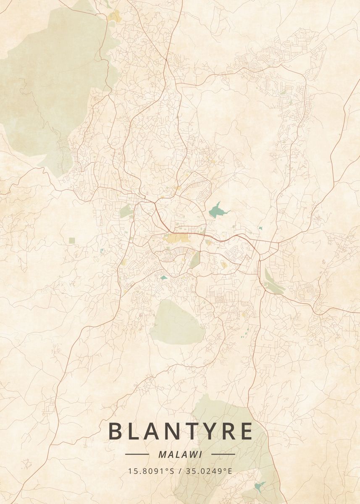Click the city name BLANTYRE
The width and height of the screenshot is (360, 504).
coord(181,431)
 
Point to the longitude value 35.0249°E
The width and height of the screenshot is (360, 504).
coord(210,471)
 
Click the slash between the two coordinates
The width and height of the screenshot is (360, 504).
coord(181,471)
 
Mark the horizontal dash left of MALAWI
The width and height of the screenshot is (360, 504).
coord(137,454)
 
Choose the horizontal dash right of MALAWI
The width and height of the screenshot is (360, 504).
coord(223,454)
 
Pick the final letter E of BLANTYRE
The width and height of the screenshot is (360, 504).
coord(246,431)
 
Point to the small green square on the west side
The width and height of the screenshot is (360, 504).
coord(72,240)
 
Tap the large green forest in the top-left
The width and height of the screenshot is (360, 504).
coord(50,84)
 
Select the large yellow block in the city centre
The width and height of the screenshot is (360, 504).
coord(176,239)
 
